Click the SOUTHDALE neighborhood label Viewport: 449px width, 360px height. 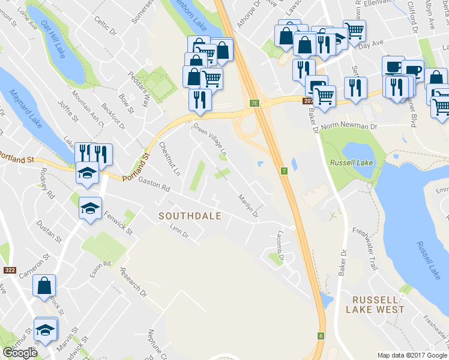[190, 216]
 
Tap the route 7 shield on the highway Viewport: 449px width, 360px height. [284, 171]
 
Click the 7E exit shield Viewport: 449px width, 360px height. [254, 103]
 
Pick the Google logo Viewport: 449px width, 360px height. [20, 353]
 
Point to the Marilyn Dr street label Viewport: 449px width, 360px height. [247, 206]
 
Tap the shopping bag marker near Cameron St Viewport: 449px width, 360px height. [44, 286]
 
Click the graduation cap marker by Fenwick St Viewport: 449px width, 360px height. [90, 208]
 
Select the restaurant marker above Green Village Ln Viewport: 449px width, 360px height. [200, 99]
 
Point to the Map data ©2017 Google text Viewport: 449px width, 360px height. [412, 355]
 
